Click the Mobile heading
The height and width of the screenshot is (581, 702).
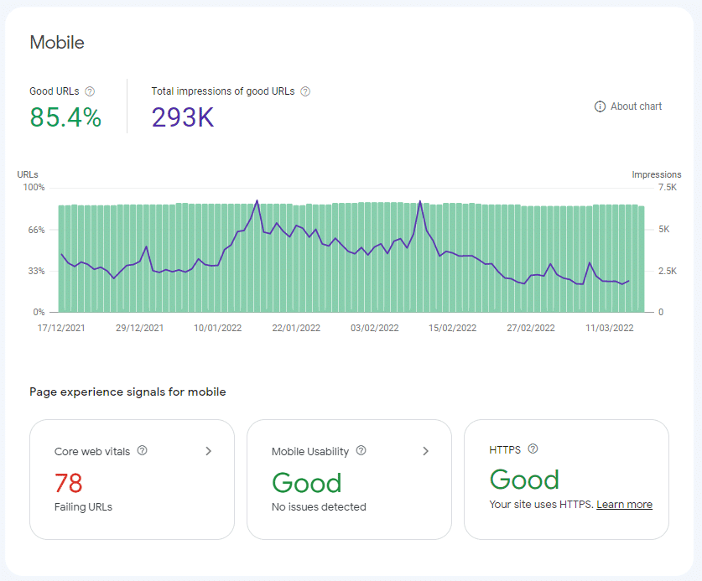57,42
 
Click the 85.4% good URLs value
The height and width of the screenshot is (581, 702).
65,117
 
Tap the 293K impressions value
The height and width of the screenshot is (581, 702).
183,117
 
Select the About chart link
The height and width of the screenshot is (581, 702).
628,106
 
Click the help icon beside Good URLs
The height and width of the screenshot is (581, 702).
91,91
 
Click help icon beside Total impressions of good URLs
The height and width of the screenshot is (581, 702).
305,91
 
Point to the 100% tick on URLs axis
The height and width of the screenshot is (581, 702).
34,187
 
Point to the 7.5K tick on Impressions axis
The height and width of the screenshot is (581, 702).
644,187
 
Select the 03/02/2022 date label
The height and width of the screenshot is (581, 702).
375,329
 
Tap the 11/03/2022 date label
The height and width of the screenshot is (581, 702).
610,329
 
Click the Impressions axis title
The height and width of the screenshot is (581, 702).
656,174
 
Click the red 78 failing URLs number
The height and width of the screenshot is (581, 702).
69,484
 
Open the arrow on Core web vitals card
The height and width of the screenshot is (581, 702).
209,451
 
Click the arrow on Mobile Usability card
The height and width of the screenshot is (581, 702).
426,451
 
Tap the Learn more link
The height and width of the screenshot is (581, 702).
624,505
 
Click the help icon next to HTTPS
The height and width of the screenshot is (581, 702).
533,449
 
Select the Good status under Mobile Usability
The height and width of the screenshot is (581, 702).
306,483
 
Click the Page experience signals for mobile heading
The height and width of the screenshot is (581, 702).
127,392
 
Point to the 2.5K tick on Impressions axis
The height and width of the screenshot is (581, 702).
644,271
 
